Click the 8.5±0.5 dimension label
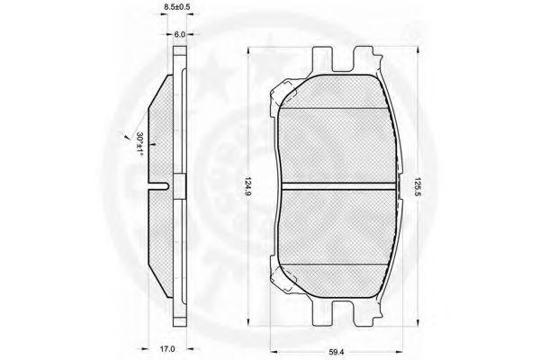point(177,6)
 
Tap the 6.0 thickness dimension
point(180,34)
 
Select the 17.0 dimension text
point(167,349)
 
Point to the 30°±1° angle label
point(139,145)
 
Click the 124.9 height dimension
point(249,186)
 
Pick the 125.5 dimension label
point(418,186)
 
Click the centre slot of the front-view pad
point(338,186)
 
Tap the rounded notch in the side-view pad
point(158,186)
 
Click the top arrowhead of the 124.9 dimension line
point(248,51)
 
